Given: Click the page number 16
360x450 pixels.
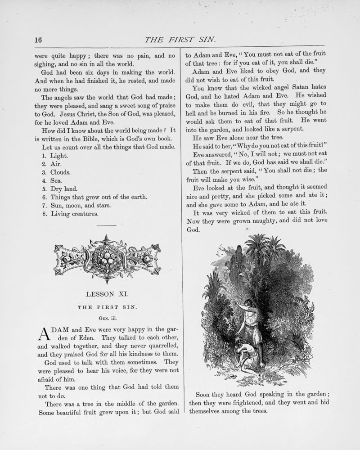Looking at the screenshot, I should (38, 40).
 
